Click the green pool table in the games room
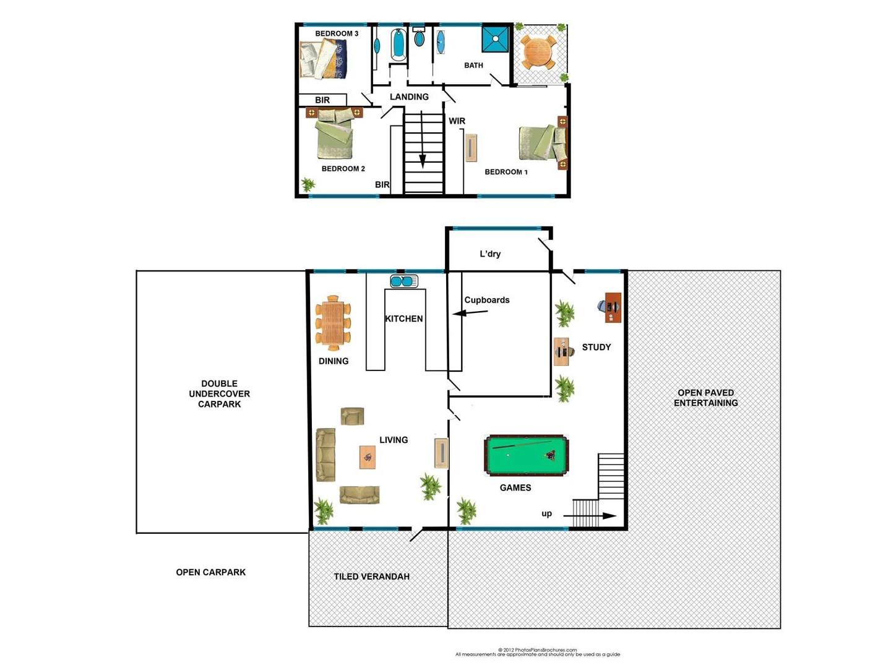click(x=526, y=456)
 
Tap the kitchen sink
click(x=404, y=281)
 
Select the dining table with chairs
click(x=333, y=323)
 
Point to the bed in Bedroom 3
click(x=323, y=59)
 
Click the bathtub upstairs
click(x=398, y=44)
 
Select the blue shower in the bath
click(x=496, y=39)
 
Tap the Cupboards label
click(x=487, y=300)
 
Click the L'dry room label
click(x=490, y=254)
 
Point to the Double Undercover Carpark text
click(x=219, y=393)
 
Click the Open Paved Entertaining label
click(x=705, y=398)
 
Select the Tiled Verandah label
click(x=371, y=576)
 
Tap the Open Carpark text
click(x=210, y=572)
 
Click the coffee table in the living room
click(x=368, y=457)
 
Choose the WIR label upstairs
click(x=457, y=121)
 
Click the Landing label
click(x=409, y=97)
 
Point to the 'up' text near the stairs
click(x=546, y=513)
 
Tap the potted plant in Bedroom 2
click(x=308, y=184)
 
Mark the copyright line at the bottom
click(x=537, y=650)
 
